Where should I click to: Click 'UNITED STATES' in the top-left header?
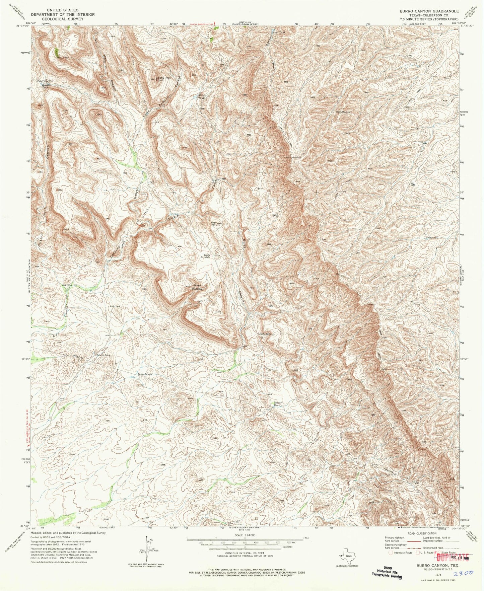(x=63, y=10)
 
